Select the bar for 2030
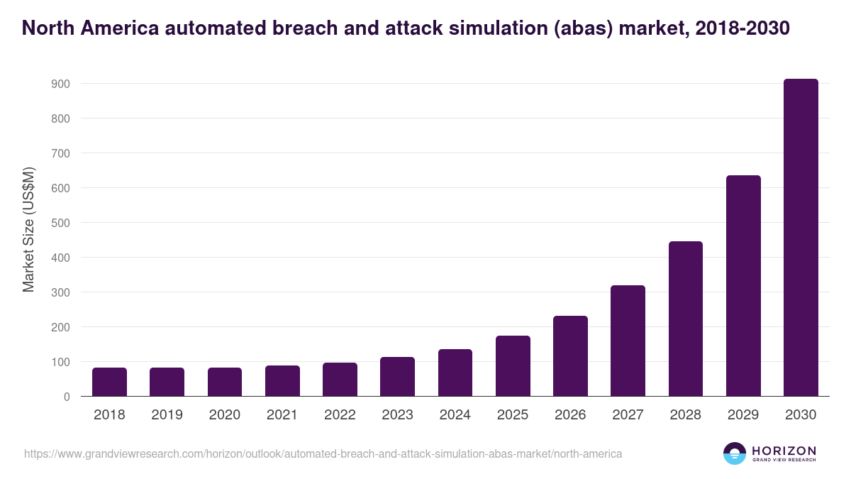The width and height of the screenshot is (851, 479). pyautogui.click(x=801, y=238)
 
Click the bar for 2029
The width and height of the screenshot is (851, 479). pyautogui.click(x=743, y=286)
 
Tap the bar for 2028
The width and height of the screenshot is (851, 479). pyautogui.click(x=686, y=319)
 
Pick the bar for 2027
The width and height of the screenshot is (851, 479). pyautogui.click(x=628, y=341)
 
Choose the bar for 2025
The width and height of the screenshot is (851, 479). pyautogui.click(x=513, y=366)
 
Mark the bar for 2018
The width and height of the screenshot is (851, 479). pyautogui.click(x=109, y=382)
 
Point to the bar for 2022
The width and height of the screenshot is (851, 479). pyautogui.click(x=340, y=380)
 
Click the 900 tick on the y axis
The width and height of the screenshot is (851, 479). pyautogui.click(x=60, y=84)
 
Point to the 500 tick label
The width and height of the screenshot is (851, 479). pyautogui.click(x=60, y=223)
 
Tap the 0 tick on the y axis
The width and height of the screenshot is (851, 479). pyautogui.click(x=67, y=397)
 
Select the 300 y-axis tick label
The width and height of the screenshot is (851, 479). pyautogui.click(x=60, y=292)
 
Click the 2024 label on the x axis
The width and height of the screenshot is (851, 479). pyautogui.click(x=455, y=415)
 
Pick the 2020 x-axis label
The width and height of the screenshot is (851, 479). pyautogui.click(x=224, y=415)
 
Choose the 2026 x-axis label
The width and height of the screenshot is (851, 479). pyautogui.click(x=570, y=415)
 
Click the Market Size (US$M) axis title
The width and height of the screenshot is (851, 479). pyautogui.click(x=28, y=229)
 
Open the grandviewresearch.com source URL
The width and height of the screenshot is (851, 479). pyautogui.click(x=323, y=453)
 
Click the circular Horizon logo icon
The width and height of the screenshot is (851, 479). pyautogui.click(x=735, y=453)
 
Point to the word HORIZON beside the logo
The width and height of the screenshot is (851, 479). pyautogui.click(x=784, y=450)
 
